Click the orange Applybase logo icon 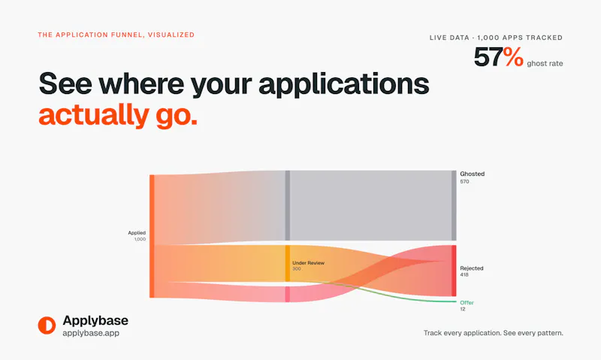47,325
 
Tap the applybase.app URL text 91,333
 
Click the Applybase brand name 95,320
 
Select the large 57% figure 498,56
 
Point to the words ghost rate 545,64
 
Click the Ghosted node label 473,174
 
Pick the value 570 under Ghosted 464,182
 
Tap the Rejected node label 472,268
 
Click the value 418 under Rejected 464,275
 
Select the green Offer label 467,302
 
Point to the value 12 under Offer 463,309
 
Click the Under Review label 308,263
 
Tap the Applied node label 137,233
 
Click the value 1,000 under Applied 140,239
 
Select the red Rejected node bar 454,271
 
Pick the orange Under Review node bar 288,263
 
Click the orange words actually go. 118,115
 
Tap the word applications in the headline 344,84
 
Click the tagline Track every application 462,333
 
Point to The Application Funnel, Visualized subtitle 116,35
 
